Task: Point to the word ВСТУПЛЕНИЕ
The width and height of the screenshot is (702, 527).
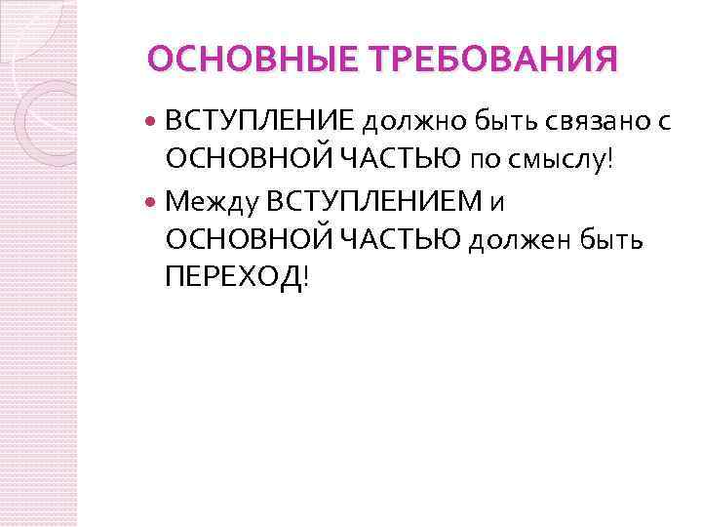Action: pyautogui.click(x=260, y=121)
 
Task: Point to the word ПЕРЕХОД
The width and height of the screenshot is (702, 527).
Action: pyautogui.click(x=234, y=278)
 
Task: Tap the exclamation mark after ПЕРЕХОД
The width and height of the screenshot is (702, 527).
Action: pyautogui.click(x=308, y=278)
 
